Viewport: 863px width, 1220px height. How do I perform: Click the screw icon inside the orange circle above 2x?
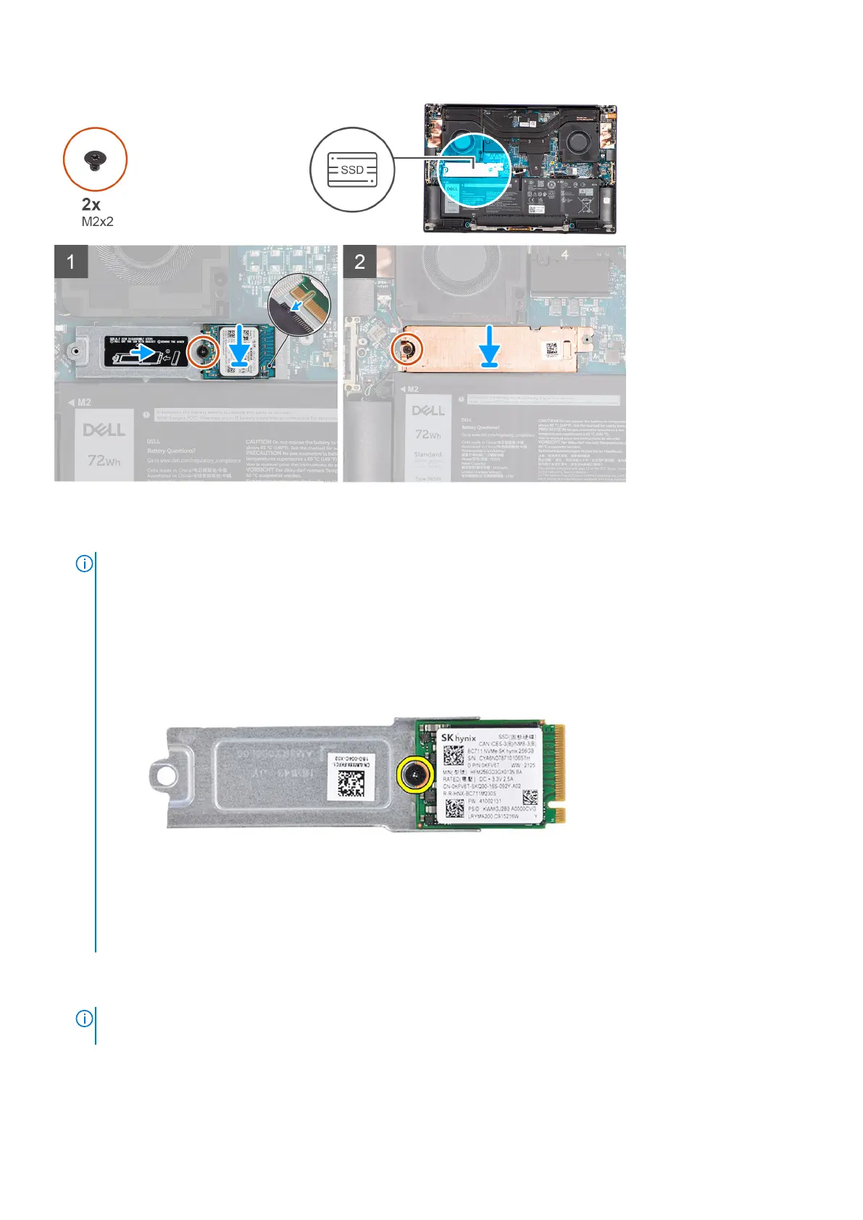click(x=95, y=159)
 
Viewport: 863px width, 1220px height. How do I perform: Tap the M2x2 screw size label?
click(x=98, y=221)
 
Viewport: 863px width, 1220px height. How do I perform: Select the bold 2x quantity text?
click(x=91, y=204)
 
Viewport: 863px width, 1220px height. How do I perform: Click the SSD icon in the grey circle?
click(x=352, y=170)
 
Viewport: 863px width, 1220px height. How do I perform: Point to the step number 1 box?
click(x=71, y=262)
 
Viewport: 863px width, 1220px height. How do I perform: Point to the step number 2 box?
click(x=359, y=262)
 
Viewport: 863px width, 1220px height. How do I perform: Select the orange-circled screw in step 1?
click(x=204, y=352)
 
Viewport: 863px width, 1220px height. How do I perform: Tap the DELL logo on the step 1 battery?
click(x=104, y=430)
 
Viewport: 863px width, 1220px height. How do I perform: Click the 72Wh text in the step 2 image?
click(x=428, y=435)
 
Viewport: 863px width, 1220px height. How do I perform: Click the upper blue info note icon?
click(x=84, y=564)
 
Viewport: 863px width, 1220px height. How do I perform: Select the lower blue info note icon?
click(x=84, y=1019)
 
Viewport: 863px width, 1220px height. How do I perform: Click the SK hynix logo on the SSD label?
click(x=458, y=738)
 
